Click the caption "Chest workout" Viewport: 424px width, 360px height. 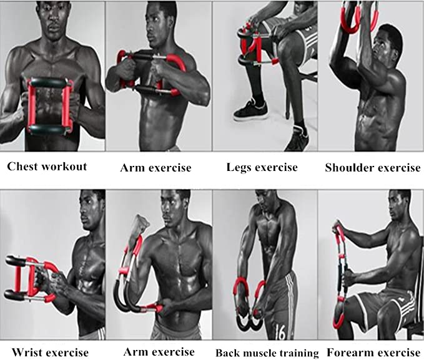coord(47,167)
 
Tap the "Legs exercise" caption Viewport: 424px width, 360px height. coord(262,167)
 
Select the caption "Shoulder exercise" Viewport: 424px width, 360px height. coord(373,168)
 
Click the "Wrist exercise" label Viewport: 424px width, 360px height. coord(51,353)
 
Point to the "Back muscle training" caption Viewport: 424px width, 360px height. coord(267,353)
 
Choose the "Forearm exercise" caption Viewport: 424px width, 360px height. coord(373,353)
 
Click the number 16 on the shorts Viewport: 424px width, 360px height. coord(280,331)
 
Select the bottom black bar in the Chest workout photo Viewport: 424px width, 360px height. coord(46,130)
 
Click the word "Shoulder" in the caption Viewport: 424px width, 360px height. coord(349,168)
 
